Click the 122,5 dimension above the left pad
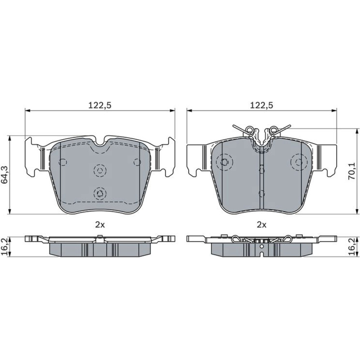click(100, 105)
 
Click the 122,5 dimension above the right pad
click(261, 105)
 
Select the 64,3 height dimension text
click(5, 175)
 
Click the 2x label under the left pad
click(100, 225)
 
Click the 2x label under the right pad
click(261, 225)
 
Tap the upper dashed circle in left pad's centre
click(100, 171)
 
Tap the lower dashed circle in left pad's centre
click(100, 194)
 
